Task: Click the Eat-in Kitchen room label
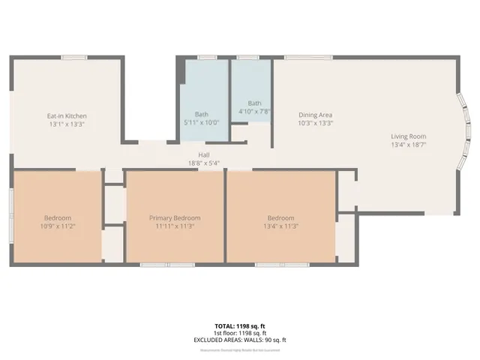pos(67,116)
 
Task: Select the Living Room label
pos(408,136)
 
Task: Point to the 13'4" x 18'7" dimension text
pos(408,145)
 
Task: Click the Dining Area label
pos(315,115)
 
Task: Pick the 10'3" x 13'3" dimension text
pos(315,123)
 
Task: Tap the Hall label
pos(204,155)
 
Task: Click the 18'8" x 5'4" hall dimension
pos(204,163)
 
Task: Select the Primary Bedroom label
pos(175,217)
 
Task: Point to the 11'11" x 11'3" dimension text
pos(175,226)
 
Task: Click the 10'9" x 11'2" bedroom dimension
pos(57,226)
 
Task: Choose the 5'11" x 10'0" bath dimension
pos(202,121)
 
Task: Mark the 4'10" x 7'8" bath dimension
pos(255,111)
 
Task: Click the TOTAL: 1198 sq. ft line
pos(240,325)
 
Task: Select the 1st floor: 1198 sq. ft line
pos(240,332)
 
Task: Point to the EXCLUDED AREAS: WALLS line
pos(240,340)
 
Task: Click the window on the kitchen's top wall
pos(73,57)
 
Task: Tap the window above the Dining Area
pos(308,57)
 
